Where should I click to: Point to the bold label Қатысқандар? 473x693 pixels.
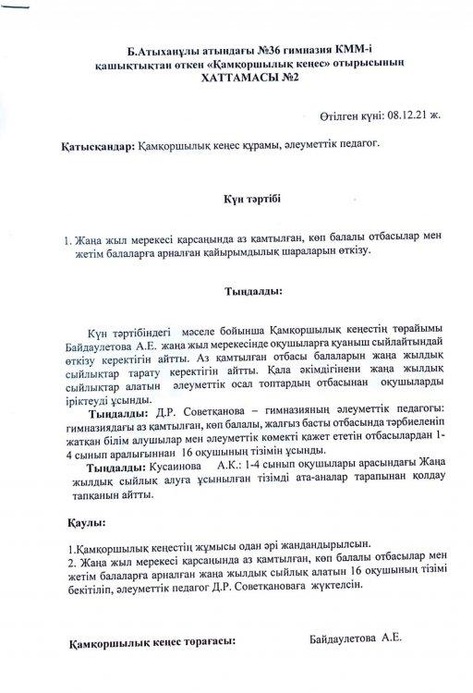click(x=95, y=146)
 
